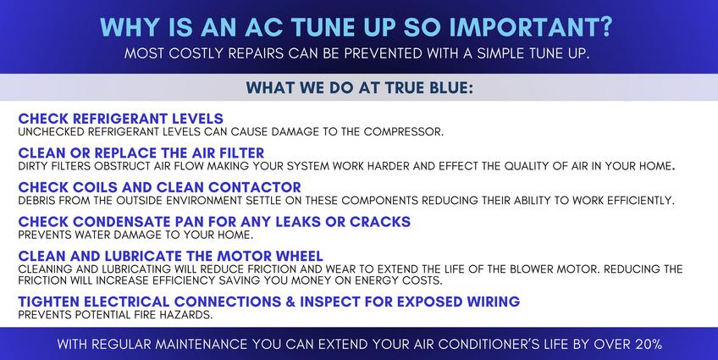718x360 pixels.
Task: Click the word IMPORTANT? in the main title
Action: [x=530, y=27]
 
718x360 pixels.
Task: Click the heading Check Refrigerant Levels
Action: [x=121, y=119]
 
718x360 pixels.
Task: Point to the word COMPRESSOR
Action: [x=403, y=132]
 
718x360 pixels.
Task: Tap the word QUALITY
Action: [x=527, y=166]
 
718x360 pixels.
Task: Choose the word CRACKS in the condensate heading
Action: [x=380, y=222]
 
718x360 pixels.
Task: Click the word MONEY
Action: [x=322, y=280]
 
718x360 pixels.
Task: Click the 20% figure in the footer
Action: [x=649, y=344]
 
